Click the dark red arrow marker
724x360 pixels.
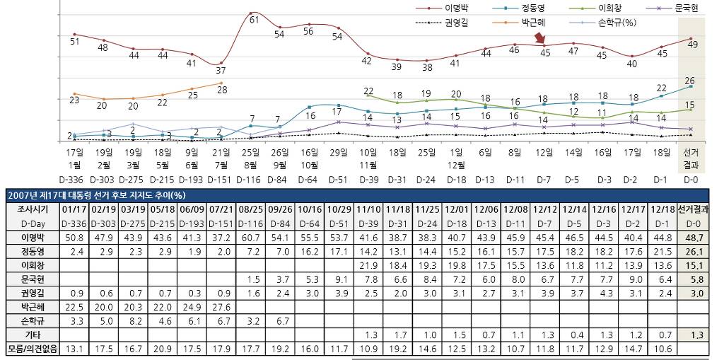point(540,38)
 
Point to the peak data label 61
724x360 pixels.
point(255,19)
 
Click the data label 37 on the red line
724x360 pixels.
point(221,70)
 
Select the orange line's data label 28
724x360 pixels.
point(222,90)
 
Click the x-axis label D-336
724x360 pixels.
point(74,180)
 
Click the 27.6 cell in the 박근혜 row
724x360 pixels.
point(222,306)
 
